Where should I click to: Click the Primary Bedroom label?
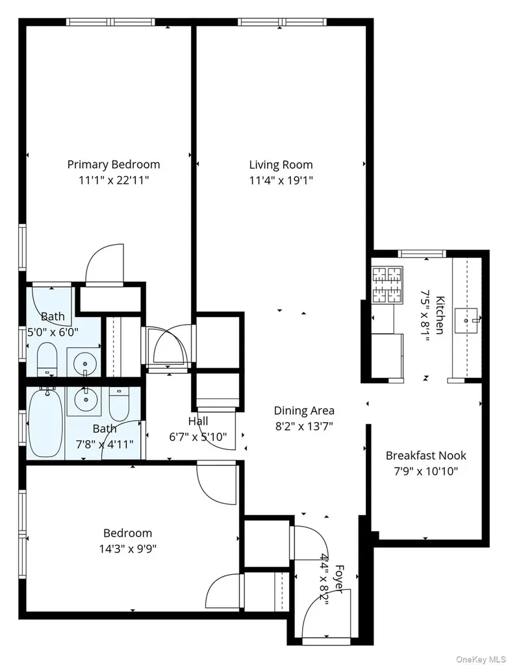(x=114, y=164)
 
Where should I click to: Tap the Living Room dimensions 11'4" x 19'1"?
(x=281, y=181)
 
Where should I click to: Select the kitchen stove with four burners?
(x=387, y=285)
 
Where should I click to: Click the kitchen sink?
(x=466, y=321)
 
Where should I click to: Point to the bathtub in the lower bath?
(x=45, y=423)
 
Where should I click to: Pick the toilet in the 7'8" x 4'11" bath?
(x=119, y=403)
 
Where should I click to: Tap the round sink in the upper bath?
(x=86, y=364)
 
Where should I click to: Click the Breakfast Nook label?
(x=425, y=455)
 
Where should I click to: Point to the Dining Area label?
(x=304, y=410)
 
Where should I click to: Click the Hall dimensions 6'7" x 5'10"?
(x=198, y=436)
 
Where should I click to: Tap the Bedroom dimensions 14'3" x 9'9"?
(x=128, y=549)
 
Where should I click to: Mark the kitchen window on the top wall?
(x=422, y=254)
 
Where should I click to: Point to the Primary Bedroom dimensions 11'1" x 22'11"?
(x=114, y=181)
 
